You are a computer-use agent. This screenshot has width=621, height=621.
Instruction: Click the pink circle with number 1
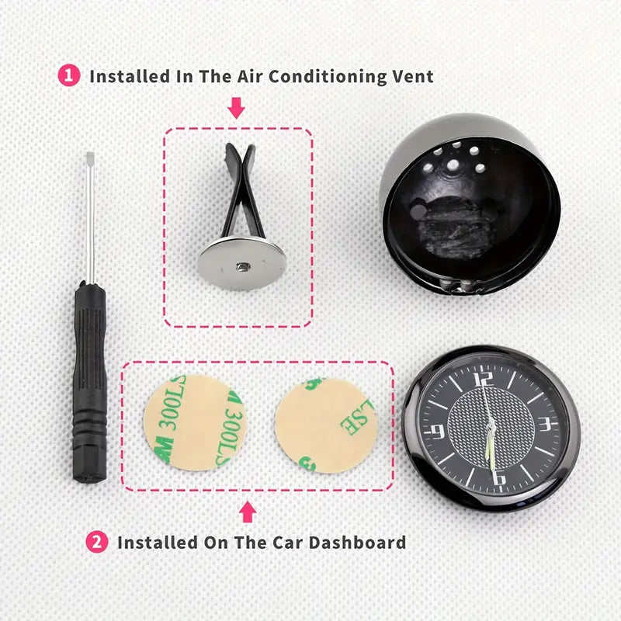69,75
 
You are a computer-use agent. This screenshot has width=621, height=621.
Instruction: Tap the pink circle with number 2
97,542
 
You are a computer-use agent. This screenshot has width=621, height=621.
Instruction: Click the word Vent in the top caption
413,76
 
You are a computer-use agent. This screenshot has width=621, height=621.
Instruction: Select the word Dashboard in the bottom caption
357,542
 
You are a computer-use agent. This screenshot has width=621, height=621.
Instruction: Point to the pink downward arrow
237,108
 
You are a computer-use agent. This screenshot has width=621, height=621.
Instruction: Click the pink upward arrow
248,512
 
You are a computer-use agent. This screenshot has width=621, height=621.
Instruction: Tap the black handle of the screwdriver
90,382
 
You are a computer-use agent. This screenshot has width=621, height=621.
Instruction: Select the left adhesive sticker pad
195,422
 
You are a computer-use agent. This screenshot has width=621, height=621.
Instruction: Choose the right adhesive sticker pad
327,425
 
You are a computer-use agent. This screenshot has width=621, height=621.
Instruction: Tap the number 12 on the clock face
484,379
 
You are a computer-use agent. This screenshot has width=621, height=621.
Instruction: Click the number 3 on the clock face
546,424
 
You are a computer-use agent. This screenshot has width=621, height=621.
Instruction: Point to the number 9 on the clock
438,432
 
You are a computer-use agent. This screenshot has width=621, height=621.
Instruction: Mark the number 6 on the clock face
499,477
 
